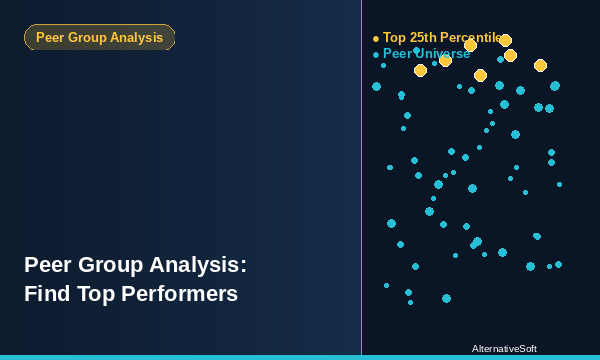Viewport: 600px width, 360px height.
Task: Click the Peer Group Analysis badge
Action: click(x=99, y=38)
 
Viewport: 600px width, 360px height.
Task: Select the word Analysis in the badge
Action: click(x=138, y=38)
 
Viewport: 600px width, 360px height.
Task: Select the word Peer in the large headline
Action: click(x=46, y=265)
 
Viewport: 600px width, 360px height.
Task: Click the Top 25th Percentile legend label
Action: click(x=442, y=38)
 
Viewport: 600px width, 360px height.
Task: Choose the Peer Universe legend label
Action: click(x=426, y=54)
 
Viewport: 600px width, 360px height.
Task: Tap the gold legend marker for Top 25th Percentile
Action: click(x=376, y=39)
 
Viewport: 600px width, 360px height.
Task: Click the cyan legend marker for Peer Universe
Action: click(x=376, y=55)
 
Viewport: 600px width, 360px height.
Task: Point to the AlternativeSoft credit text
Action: click(x=504, y=349)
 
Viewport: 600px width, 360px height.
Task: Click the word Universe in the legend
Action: click(x=445, y=54)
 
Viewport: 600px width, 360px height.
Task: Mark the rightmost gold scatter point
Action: click(x=540, y=65)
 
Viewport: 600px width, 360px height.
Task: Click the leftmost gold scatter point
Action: click(x=420, y=70)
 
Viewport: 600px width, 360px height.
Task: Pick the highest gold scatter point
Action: click(x=505, y=41)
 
